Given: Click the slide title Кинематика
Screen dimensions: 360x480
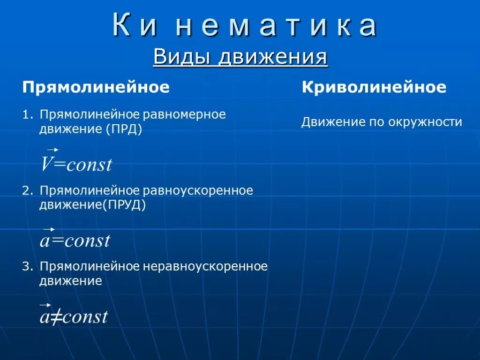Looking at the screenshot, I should [245, 26].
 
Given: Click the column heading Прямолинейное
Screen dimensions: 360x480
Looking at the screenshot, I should [96, 88].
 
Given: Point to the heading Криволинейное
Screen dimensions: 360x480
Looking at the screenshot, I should [374, 88].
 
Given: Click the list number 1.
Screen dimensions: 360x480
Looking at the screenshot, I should [27, 115].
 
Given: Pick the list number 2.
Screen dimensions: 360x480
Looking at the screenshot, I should [27, 191].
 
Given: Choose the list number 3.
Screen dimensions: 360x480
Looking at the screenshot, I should [27, 267].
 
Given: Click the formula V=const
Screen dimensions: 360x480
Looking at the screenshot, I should [76, 165].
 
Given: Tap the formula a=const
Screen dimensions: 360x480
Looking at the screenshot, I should [75, 241].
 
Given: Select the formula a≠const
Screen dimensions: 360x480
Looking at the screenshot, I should [74, 317].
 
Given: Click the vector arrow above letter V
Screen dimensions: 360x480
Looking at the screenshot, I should [52, 149].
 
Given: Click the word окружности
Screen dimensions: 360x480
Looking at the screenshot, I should [425, 123].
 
